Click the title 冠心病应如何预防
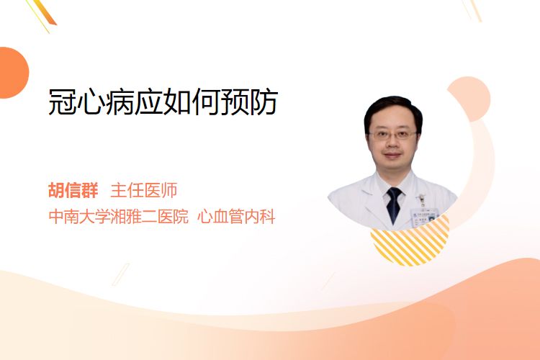(163, 102)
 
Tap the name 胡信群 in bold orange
(73, 190)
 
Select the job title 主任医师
(144, 190)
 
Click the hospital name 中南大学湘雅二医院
(119, 217)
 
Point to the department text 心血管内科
(236, 217)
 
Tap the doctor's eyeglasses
(392, 135)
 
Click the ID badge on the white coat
(424, 216)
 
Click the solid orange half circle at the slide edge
(13, 73)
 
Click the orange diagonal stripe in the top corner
(45, 12)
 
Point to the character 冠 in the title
(62, 102)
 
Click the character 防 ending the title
(264, 102)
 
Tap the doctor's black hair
(393, 110)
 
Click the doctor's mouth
(392, 155)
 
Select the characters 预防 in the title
(250, 102)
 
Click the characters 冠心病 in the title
(91, 102)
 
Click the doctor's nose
(392, 143)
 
